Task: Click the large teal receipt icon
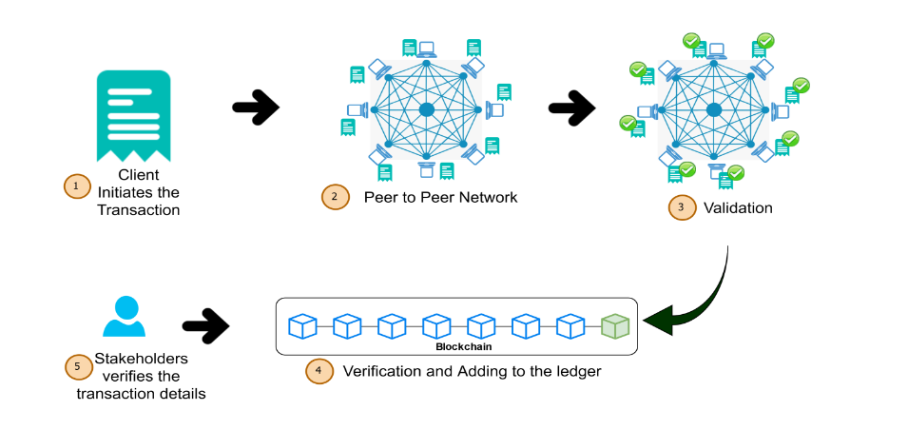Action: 134,113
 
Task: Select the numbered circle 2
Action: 335,197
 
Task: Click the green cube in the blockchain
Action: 615,326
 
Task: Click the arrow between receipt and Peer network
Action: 256,107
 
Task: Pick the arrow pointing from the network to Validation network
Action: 571,108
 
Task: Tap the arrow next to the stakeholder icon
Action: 205,326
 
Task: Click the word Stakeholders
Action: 141,360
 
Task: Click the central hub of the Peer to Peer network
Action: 427,110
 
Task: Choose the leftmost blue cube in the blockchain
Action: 302,326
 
